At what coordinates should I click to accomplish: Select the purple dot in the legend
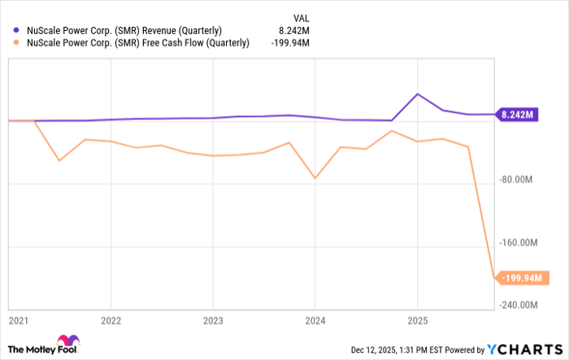point(15,31)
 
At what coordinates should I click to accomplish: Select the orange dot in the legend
point(15,43)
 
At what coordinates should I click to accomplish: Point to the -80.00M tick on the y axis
point(523,180)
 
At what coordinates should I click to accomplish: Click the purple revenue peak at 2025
point(417,94)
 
